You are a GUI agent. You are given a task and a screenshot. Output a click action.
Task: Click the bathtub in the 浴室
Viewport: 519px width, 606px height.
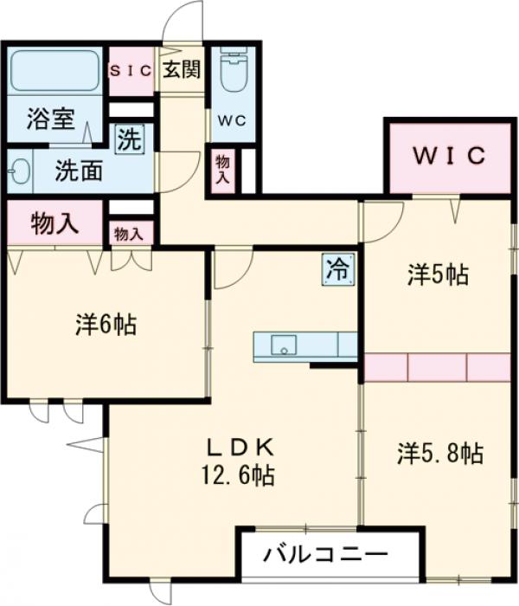(x=55, y=70)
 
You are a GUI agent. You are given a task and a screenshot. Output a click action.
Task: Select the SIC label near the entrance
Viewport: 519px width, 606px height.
(x=131, y=71)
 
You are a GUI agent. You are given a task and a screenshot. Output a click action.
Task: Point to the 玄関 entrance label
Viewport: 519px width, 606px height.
(x=182, y=70)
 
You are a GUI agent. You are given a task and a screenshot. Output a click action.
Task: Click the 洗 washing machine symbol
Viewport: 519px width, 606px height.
(x=129, y=139)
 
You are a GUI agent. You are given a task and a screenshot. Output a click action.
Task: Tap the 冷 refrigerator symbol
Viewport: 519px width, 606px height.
(x=338, y=269)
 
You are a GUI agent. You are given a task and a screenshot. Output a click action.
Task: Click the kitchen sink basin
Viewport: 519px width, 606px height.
(x=284, y=345)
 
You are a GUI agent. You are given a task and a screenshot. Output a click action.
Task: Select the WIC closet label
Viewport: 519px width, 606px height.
(x=450, y=156)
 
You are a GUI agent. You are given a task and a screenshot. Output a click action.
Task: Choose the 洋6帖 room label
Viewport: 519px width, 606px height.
(x=106, y=325)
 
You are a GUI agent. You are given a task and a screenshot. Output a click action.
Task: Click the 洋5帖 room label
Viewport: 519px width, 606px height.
(x=439, y=274)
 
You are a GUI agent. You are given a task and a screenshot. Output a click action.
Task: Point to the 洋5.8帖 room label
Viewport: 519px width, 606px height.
(x=440, y=454)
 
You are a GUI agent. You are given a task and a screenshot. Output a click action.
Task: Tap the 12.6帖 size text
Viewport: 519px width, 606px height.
(x=238, y=475)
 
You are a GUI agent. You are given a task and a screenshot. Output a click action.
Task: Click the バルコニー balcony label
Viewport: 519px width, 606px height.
(x=325, y=556)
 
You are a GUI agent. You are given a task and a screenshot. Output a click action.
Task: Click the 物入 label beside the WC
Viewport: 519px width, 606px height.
(x=223, y=170)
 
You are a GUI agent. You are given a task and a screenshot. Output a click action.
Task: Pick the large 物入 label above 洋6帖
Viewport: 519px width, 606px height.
(x=54, y=223)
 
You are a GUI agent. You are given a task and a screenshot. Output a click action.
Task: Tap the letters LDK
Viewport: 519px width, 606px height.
(x=241, y=448)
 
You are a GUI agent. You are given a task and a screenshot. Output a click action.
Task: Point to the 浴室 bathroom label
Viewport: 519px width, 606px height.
(x=50, y=119)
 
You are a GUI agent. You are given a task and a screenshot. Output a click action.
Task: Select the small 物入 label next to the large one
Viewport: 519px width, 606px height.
(x=129, y=235)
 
